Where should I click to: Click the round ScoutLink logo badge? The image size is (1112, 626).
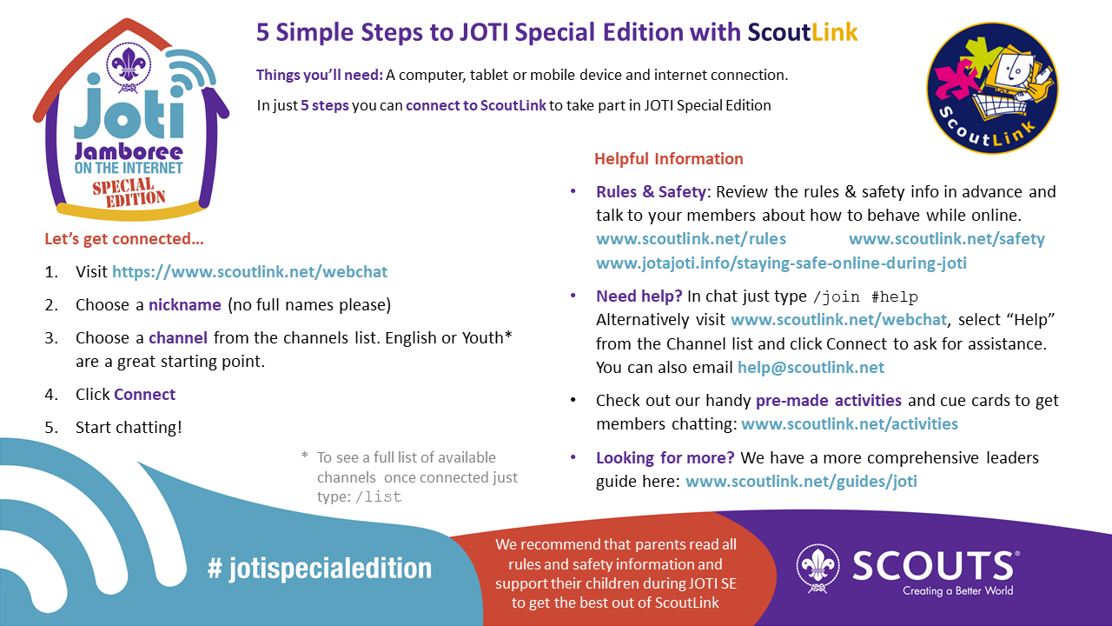[x=992, y=88]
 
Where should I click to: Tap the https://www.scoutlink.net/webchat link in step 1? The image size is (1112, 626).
[x=249, y=272]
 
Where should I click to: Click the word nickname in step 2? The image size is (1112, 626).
[x=185, y=304]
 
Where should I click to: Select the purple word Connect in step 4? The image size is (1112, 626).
[x=144, y=395]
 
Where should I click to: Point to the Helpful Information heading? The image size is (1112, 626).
[x=669, y=159]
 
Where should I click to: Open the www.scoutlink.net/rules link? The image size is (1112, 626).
[x=691, y=239]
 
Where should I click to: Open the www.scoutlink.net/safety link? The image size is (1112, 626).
[x=947, y=239]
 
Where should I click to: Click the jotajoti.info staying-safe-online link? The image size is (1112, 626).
[x=781, y=263]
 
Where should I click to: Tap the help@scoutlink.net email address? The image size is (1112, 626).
[x=811, y=367]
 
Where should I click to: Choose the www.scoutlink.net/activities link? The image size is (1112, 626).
[x=850, y=423]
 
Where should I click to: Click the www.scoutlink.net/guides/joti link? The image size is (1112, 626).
[x=801, y=481]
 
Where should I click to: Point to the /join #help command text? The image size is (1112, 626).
[x=865, y=297]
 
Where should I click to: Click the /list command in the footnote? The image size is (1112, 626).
[x=378, y=496]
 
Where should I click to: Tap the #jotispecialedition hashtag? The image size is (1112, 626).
[x=320, y=568]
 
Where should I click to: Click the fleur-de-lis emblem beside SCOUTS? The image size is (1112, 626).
[x=817, y=569]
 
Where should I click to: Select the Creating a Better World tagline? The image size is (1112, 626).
[x=957, y=590]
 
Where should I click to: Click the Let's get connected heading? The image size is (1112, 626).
[x=124, y=239]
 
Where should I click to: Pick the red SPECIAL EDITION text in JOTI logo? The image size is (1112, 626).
[x=129, y=193]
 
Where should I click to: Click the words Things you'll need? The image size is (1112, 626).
[x=320, y=75]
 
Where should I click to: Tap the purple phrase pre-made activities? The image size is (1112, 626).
[x=829, y=401]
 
